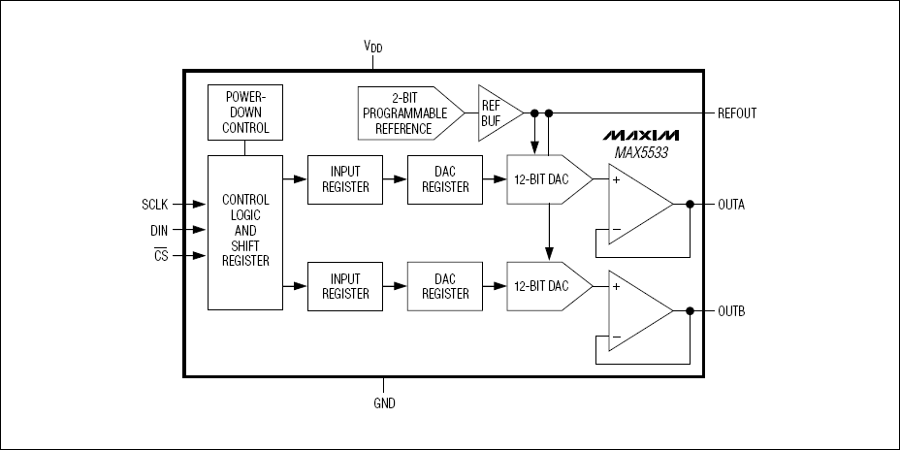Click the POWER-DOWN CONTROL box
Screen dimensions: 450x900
pos(245,112)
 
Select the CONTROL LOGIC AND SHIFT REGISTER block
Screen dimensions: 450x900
pos(245,233)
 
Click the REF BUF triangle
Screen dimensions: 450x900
pos(496,112)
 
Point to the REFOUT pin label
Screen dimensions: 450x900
pos(737,113)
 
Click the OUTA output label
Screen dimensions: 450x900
pos(731,205)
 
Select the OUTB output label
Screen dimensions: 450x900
pos(731,311)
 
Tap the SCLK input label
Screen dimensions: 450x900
pos(156,205)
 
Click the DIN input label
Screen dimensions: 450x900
pos(159,230)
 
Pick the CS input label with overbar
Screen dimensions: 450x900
pos(161,256)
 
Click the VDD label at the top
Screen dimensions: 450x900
pos(372,47)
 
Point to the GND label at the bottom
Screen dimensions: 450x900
pos(385,402)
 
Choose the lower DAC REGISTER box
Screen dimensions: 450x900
pos(444,286)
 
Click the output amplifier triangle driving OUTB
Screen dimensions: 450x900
pos(635,311)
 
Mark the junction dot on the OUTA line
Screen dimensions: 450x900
pos(690,205)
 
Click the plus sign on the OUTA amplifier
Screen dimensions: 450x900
pos(615,178)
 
